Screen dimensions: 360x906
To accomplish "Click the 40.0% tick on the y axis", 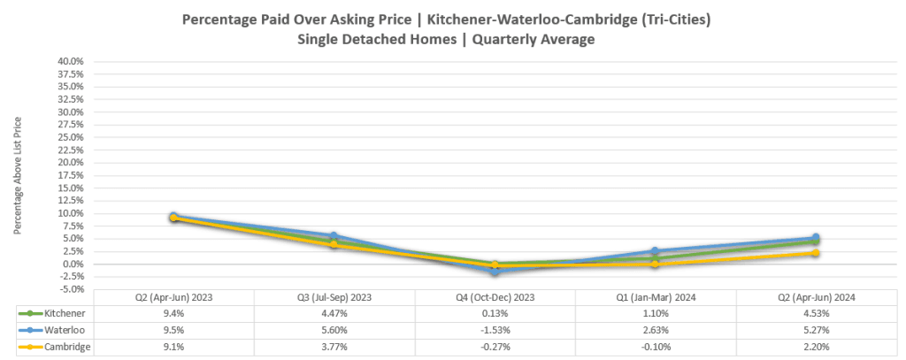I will click(x=70, y=62).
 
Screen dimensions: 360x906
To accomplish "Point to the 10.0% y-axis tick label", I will click(x=70, y=213).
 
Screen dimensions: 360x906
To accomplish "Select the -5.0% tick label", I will click(x=70, y=289).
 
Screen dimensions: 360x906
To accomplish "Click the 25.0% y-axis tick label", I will click(x=70, y=137).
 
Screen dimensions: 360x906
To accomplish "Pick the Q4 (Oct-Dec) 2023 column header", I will click(x=495, y=297).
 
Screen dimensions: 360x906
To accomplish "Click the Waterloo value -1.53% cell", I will click(x=495, y=329).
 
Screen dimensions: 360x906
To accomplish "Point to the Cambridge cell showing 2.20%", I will click(x=815, y=346).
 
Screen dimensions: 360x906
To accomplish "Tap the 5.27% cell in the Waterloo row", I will click(x=815, y=329).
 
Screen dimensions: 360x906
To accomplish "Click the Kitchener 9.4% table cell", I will click(x=173, y=313).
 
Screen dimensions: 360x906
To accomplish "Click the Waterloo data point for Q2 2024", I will click(x=815, y=238).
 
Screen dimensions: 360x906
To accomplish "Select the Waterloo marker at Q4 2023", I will click(x=495, y=272).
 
